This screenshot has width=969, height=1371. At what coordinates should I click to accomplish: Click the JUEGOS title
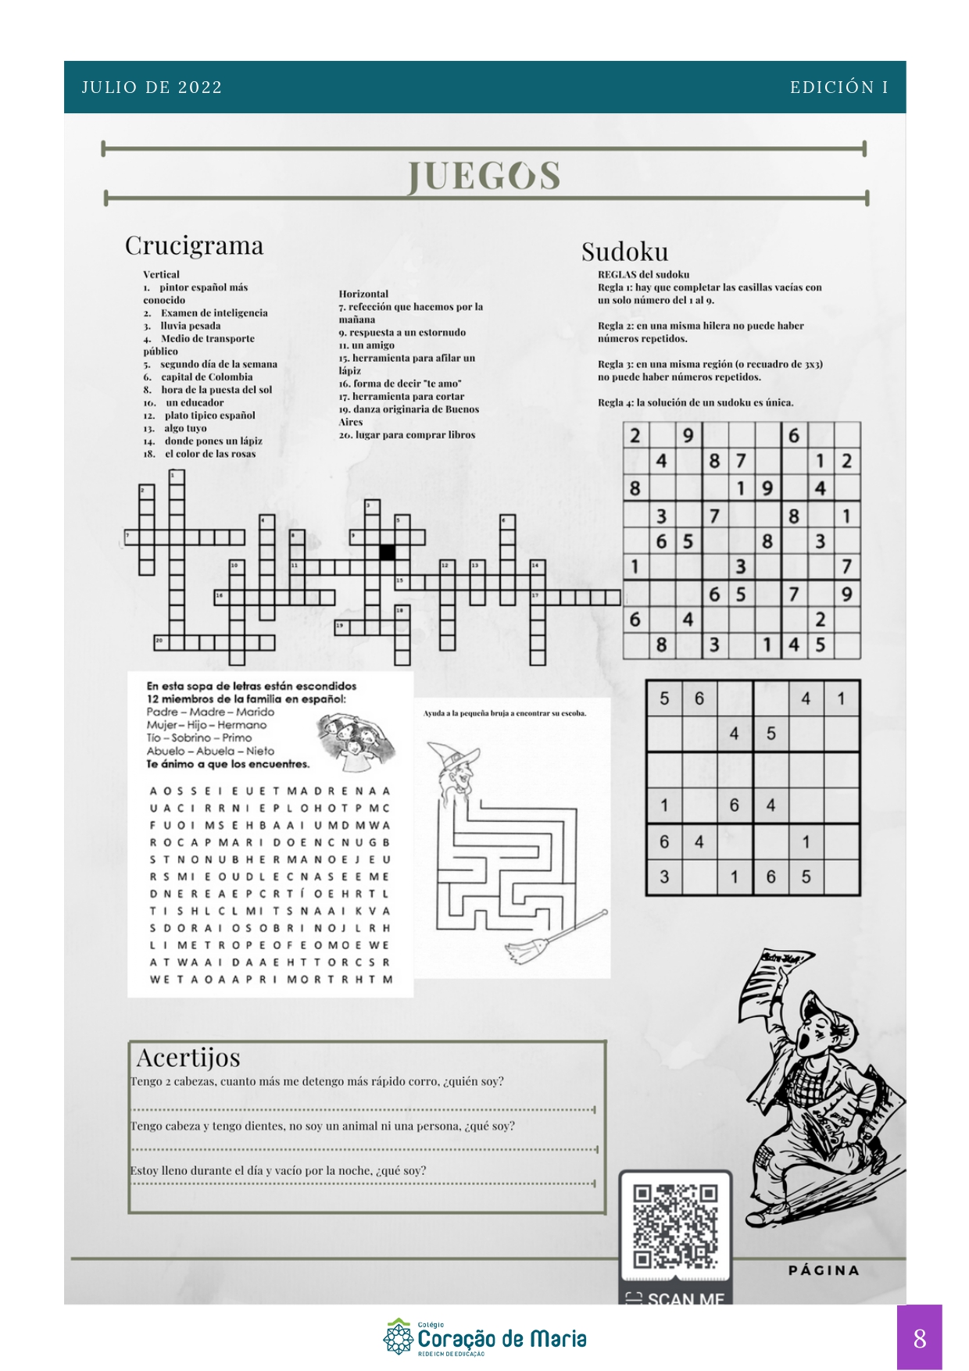484,176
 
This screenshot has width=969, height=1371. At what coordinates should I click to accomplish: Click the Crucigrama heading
194,245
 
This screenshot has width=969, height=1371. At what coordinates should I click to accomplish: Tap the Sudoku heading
624,252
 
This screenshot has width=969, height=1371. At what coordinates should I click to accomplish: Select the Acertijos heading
188,1057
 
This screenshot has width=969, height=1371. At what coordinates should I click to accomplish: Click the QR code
675,1226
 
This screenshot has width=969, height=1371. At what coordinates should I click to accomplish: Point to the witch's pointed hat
452,755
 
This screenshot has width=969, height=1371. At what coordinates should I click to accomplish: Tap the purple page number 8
919,1338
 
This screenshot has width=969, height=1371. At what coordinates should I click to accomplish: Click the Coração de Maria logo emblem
399,1337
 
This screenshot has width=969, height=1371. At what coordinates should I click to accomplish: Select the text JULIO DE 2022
152,87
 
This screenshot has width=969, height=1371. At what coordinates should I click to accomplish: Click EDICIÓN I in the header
838,87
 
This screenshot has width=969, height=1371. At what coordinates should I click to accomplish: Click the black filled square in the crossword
387,552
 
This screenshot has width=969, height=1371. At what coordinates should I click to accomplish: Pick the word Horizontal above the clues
363,294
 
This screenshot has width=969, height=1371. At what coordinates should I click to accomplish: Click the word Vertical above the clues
161,274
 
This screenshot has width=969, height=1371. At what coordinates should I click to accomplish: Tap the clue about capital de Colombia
199,377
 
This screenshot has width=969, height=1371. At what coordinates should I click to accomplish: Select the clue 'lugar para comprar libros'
407,434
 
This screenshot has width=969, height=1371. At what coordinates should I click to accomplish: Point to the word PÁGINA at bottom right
824,1270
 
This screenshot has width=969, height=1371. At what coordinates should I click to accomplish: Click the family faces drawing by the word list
352,735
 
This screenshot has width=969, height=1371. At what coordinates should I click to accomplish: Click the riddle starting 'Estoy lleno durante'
278,1170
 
